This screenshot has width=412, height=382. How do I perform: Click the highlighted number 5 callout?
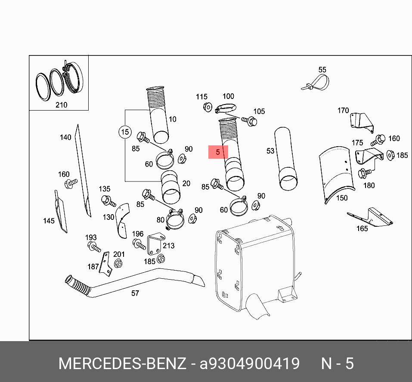pyautogui.click(x=218, y=152)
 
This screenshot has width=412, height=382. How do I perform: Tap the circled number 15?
pyautogui.click(x=125, y=132)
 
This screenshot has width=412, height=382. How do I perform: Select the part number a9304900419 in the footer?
pyautogui.click(x=249, y=364)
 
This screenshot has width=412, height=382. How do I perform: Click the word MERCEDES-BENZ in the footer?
pyautogui.click(x=122, y=364)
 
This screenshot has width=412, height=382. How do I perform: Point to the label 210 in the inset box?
pyautogui.click(x=62, y=105)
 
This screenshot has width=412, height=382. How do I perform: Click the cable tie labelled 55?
pyautogui.click(x=316, y=83)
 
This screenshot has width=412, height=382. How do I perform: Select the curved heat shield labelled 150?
pyautogui.click(x=336, y=174)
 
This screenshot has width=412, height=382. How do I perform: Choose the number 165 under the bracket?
pyautogui.click(x=362, y=228)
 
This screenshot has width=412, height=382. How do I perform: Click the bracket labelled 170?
pyautogui.click(x=362, y=122)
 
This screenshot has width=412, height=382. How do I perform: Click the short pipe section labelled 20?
pyautogui.click(x=171, y=188)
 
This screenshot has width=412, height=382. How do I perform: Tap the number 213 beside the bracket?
pyautogui.click(x=168, y=246)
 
